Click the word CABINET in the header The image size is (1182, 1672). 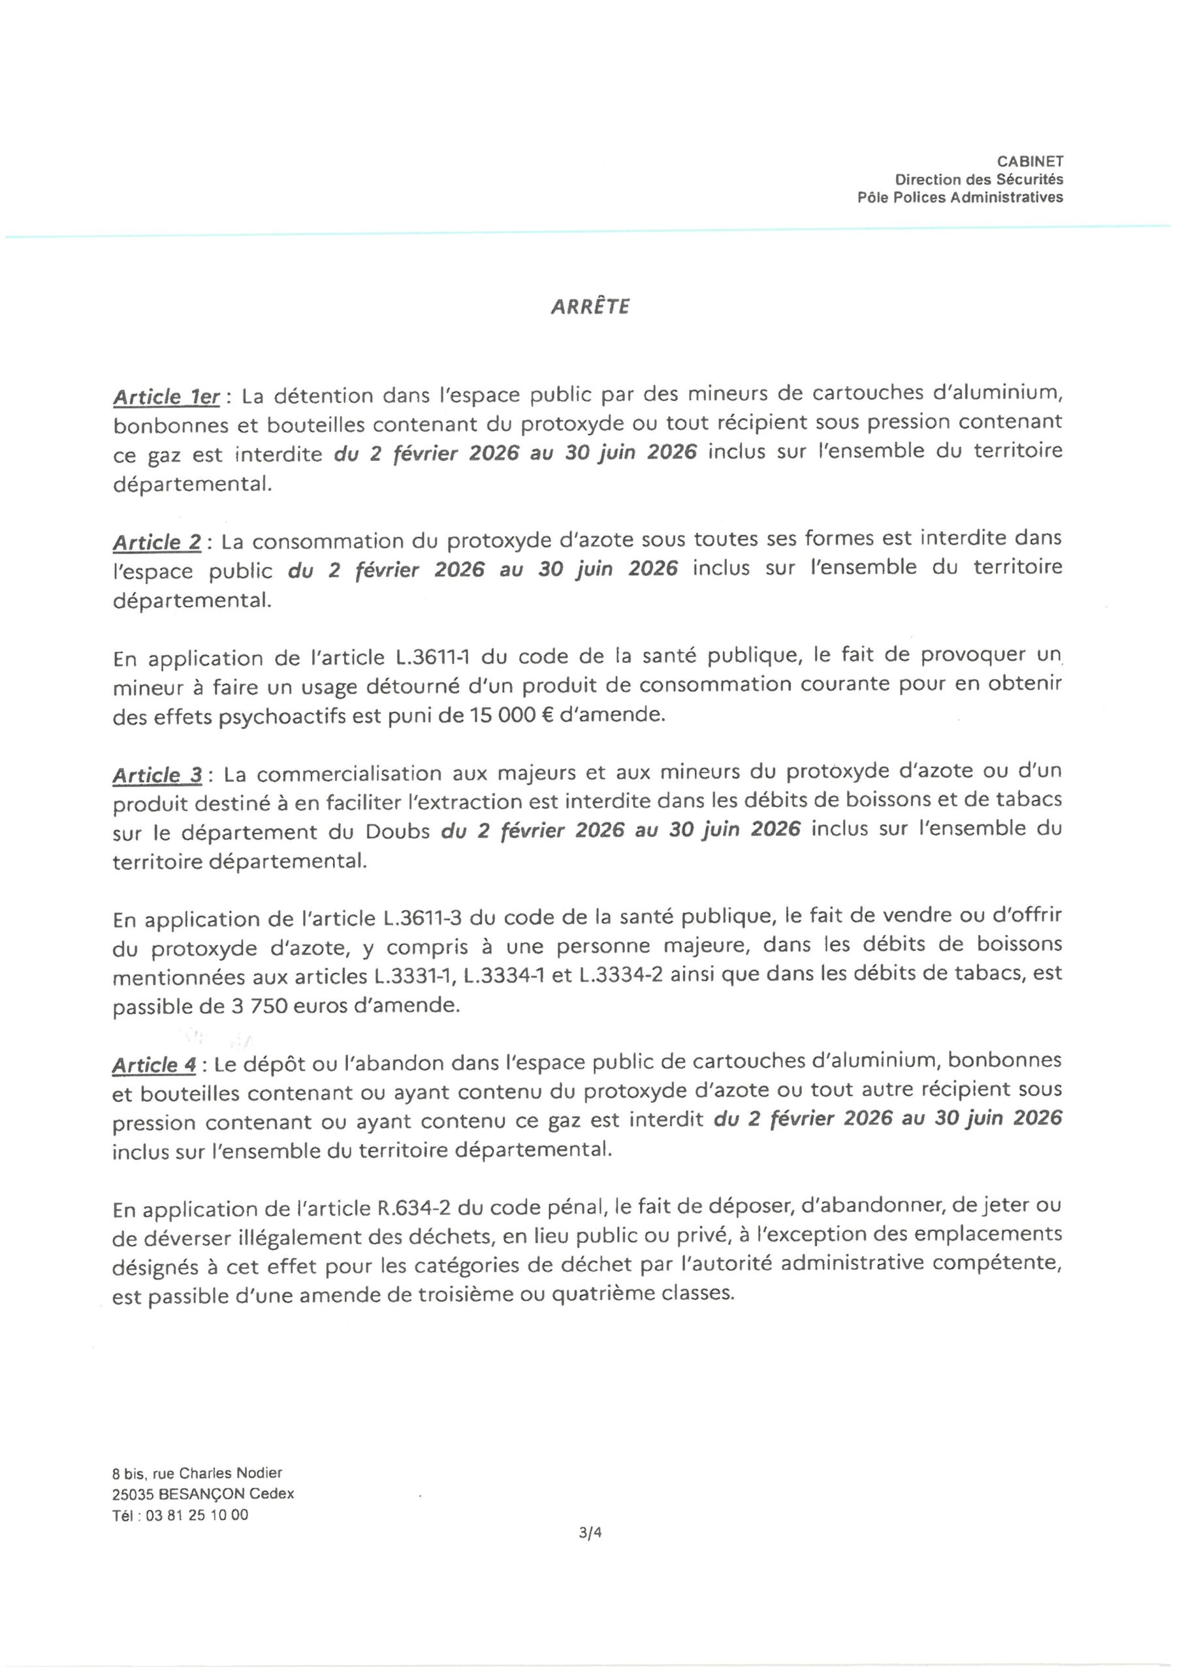point(1030,162)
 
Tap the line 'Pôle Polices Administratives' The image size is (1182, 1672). point(959,197)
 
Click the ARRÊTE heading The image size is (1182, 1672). point(590,306)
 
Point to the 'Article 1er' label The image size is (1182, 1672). point(167,397)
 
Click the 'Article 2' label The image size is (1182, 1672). point(157,543)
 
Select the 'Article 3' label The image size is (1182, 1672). point(157,775)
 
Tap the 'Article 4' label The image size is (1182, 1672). point(154,1065)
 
